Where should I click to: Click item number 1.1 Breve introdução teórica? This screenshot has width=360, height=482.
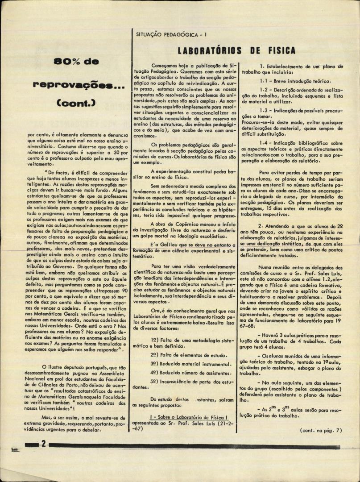point(295,81)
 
